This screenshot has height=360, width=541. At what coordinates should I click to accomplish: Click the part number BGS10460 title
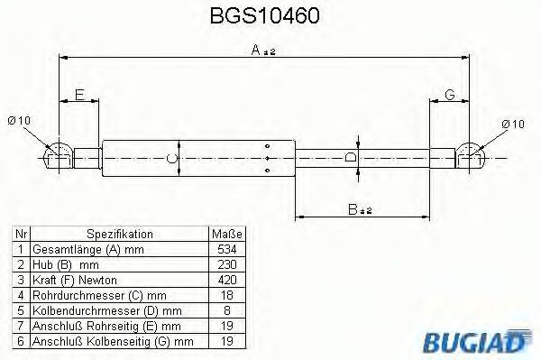(x=264, y=16)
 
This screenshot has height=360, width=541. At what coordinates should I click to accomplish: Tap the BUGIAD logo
(x=476, y=342)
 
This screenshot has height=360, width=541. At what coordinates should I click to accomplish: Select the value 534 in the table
(x=227, y=249)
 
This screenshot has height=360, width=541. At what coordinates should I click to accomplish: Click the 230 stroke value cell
(x=227, y=264)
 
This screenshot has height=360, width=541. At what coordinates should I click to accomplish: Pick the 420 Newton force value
(x=227, y=280)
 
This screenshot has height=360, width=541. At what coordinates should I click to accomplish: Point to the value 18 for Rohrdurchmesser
(x=227, y=295)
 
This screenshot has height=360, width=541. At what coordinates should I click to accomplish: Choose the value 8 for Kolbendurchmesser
(x=227, y=310)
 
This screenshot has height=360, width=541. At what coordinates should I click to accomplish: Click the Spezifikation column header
(x=120, y=235)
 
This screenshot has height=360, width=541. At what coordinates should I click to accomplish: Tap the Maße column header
(x=227, y=235)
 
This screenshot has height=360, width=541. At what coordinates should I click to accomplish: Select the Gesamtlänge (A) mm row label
(x=88, y=250)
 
